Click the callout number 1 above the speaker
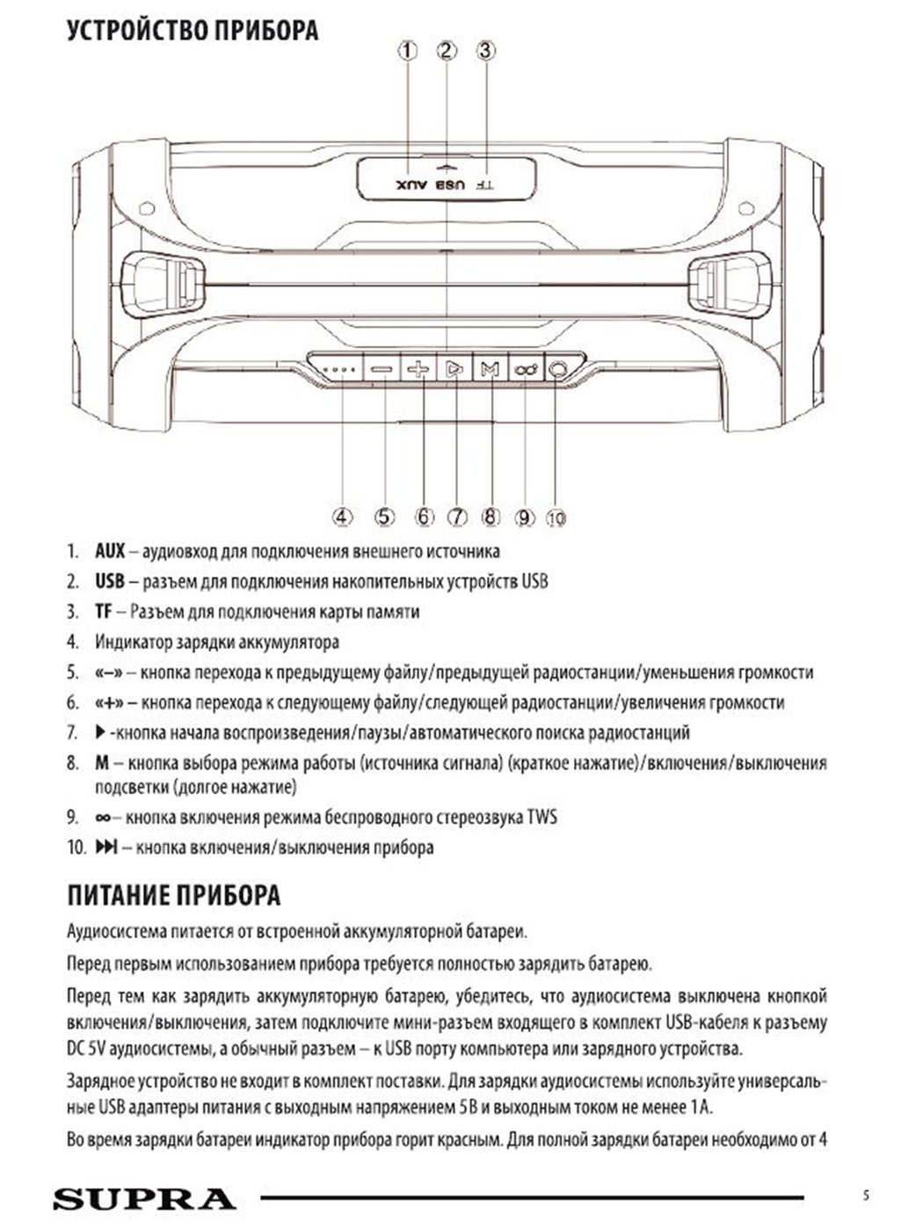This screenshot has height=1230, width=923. (407, 50)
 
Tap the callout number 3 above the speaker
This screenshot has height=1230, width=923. (486, 50)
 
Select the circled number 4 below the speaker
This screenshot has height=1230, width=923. (342, 517)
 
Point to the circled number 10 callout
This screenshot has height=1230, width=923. (556, 517)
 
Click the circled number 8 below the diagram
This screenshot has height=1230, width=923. (491, 517)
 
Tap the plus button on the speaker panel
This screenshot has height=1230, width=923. (418, 369)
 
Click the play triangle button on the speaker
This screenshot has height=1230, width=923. (454, 369)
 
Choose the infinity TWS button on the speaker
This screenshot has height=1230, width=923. (526, 369)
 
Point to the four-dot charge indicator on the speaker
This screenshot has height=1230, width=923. (338, 370)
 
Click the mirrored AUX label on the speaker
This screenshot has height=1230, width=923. (411, 185)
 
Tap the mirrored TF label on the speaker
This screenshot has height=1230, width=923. (484, 185)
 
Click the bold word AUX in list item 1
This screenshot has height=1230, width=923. (110, 552)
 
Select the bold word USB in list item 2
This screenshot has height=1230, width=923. (110, 582)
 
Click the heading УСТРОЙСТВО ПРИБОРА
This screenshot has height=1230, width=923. (193, 32)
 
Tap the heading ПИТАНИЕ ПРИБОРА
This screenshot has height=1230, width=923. (174, 895)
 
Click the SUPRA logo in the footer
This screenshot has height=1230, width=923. (144, 1199)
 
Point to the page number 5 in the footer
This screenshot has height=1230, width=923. (866, 1195)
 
